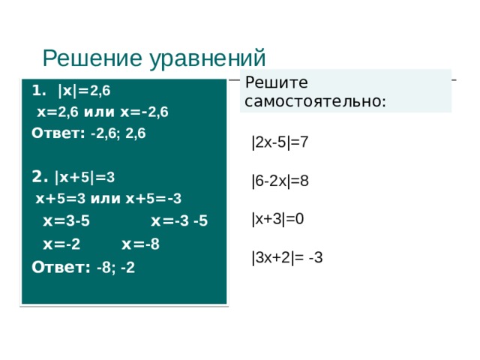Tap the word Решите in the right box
274,82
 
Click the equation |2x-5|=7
280,142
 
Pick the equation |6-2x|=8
280,181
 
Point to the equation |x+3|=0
278,219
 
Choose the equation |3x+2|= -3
288,258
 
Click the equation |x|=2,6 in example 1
84,91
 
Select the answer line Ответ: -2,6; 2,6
88,133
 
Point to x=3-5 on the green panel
66,221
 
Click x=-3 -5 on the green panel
179,221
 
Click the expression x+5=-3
154,198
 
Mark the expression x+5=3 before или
60,198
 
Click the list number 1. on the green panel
39,91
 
